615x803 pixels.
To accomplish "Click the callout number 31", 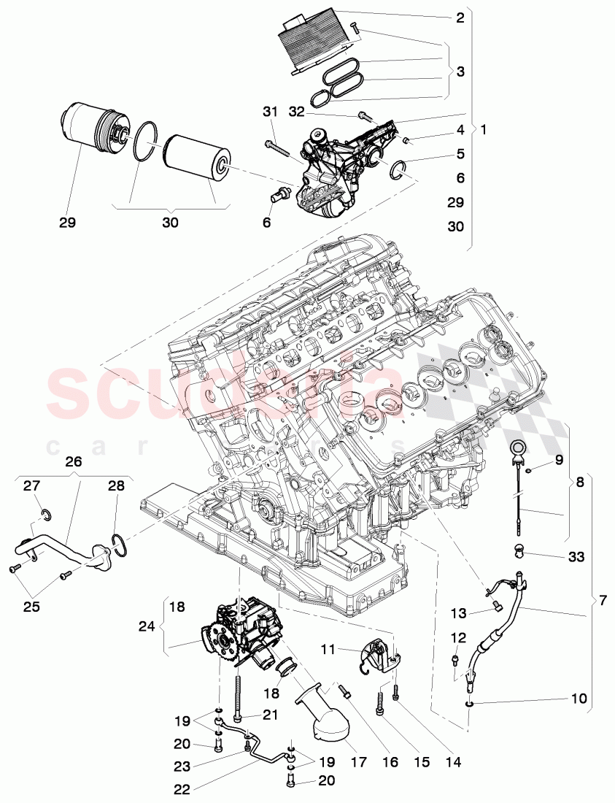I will (271, 112).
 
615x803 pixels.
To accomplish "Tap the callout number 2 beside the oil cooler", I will (460, 18).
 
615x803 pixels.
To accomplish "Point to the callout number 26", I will (74, 462).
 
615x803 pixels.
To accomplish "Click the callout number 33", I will (576, 556).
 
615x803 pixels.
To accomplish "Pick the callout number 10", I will (578, 699).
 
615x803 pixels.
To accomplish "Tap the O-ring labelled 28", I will (120, 545).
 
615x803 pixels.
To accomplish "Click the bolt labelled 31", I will (279, 145).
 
